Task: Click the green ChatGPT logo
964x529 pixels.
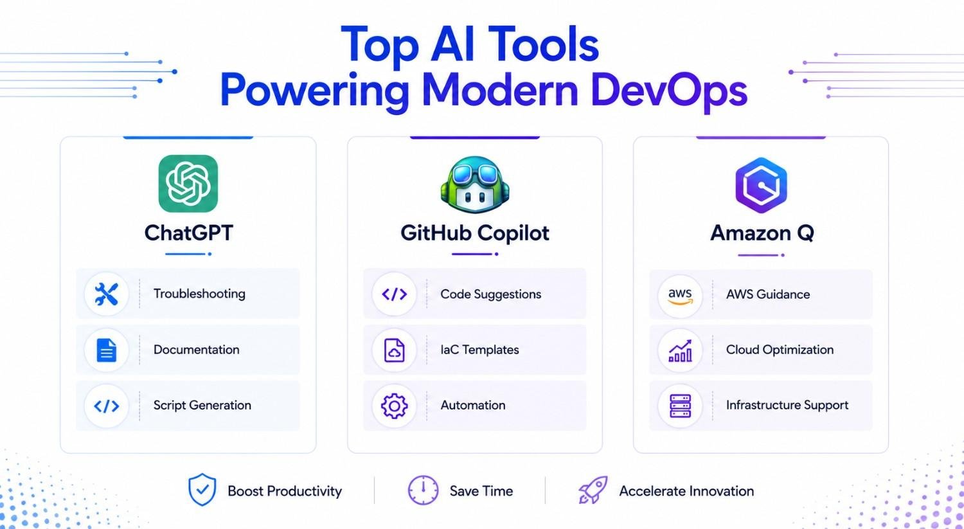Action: point(188,184)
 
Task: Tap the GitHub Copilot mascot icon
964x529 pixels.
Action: point(475,184)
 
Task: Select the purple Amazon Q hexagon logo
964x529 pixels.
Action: point(761,185)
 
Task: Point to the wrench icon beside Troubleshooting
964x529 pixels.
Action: point(106,294)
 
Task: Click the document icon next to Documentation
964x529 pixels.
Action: point(106,350)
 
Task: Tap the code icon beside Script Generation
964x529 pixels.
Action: point(106,406)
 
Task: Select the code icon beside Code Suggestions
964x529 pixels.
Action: point(394,294)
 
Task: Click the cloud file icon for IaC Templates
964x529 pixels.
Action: point(394,350)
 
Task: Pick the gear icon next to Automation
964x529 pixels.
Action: point(394,406)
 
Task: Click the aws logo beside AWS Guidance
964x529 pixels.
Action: point(680,296)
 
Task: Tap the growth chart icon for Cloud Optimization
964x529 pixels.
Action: point(680,350)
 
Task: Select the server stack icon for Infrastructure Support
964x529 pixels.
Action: point(681,406)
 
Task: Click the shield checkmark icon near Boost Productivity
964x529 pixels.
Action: point(202,490)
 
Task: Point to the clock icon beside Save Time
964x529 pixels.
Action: point(423,490)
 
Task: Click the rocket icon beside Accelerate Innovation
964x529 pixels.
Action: point(593,490)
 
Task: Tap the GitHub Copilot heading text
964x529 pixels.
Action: point(475,233)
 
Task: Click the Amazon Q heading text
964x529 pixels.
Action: point(762,233)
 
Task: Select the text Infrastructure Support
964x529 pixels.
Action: point(787,405)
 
